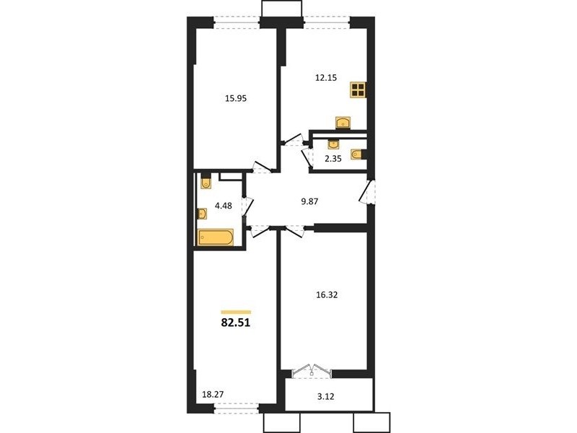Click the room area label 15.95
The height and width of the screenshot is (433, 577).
point(236,98)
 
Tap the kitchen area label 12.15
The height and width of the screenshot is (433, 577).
point(326,78)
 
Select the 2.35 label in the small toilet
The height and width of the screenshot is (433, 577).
point(333,159)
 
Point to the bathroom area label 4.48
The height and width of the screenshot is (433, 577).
point(224,206)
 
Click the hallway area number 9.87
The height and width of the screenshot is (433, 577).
point(309,201)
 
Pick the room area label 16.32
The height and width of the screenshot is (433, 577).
point(327,295)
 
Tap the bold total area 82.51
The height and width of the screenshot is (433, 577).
point(236,323)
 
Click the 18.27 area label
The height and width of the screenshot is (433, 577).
point(213,394)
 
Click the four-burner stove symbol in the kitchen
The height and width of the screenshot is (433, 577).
point(358,89)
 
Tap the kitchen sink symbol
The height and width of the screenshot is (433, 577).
point(343,123)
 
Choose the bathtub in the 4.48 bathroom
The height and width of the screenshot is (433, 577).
point(216,237)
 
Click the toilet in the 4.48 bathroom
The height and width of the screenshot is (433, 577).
point(206,183)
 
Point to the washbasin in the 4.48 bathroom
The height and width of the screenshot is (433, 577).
point(202,214)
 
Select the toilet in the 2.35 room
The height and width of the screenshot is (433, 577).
point(357,154)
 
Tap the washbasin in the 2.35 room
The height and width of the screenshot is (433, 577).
point(334,144)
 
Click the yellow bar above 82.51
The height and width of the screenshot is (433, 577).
point(236,312)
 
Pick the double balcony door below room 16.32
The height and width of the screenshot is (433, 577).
point(312,370)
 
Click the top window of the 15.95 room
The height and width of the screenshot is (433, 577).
point(237,23)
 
